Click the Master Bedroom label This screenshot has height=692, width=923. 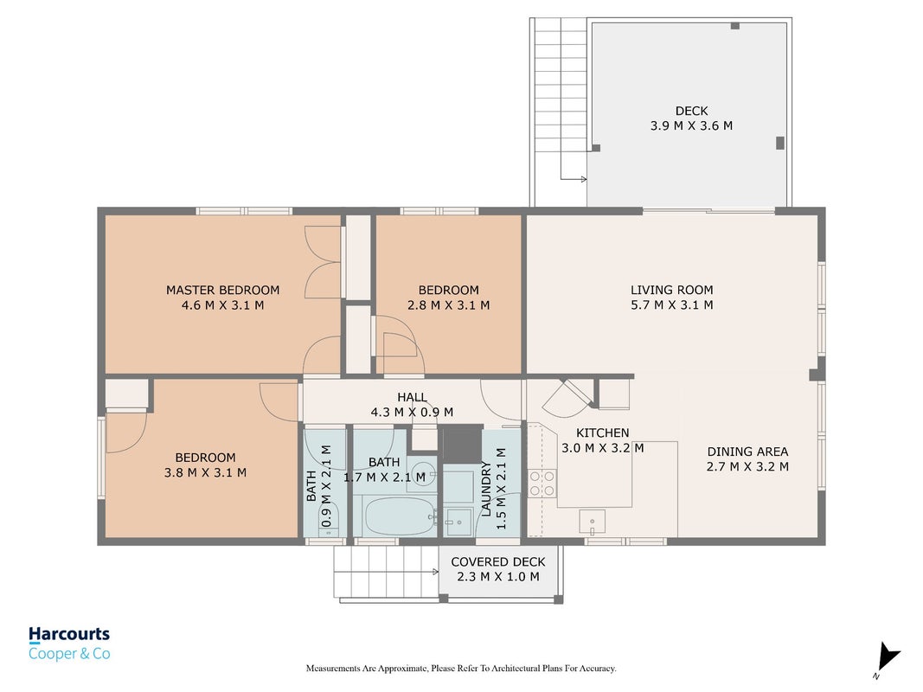pos(222,290)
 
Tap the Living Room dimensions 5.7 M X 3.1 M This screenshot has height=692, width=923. pos(671,304)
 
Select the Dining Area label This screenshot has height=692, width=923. pos(747,452)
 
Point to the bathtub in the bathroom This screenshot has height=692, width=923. pos(401,516)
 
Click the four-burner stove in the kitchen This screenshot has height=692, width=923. pos(542,484)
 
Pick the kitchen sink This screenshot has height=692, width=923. pos(593,522)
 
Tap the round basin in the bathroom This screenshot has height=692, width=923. pos(422,473)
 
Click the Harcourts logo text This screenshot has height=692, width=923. pos(69,634)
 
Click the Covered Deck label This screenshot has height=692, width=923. pos(498,562)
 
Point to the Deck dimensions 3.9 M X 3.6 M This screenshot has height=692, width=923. pos(691,125)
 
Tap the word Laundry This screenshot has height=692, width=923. pos(486,489)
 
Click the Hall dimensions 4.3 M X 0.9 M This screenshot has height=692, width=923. pos(412,412)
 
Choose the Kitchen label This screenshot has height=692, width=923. pos(602,432)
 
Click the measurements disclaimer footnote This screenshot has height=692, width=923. pos(461,668)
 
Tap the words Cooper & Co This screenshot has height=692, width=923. pos(69,654)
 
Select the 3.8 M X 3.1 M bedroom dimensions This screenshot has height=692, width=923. pos(205,472)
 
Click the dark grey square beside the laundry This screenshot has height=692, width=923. pos(462,445)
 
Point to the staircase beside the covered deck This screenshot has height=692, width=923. pos(386,572)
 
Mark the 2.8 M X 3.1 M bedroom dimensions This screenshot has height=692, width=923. pos(449,304)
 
